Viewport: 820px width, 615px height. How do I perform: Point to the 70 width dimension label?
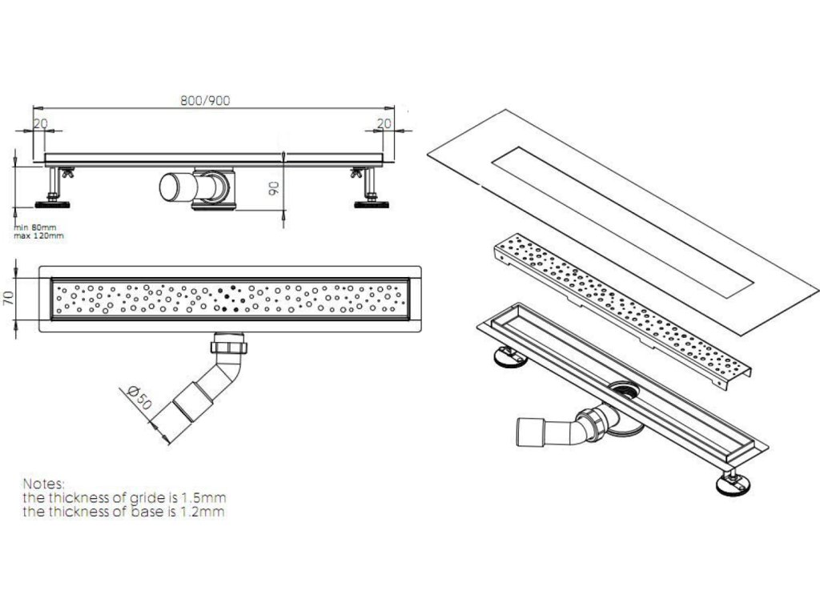point(9,300)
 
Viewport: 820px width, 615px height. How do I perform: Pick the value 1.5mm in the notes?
point(202,498)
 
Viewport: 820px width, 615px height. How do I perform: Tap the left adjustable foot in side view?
point(54,192)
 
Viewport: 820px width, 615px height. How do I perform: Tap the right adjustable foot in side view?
point(372,192)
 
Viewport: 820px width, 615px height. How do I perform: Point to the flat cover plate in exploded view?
point(625,216)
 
